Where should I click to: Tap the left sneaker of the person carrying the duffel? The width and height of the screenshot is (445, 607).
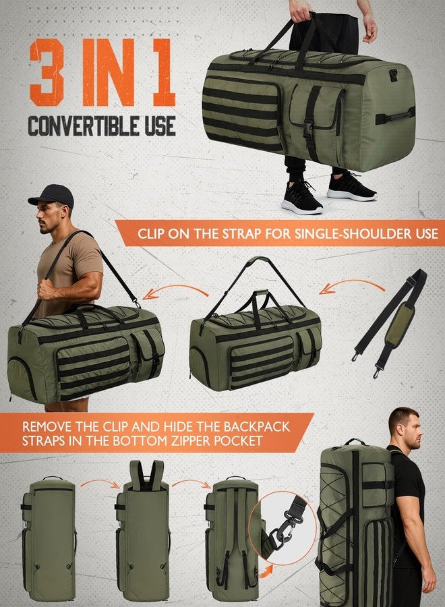(x=302, y=197)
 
